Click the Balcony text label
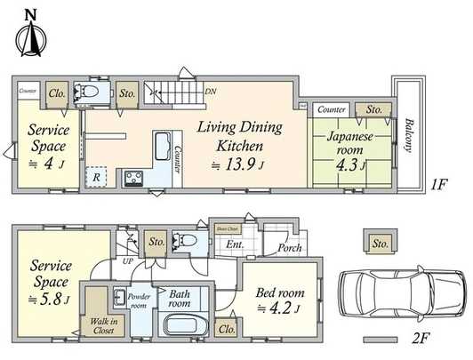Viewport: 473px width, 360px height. (411, 135)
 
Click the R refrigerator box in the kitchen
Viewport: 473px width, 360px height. (95, 177)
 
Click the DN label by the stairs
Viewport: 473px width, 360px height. (210, 92)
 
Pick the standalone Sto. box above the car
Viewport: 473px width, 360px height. (380, 242)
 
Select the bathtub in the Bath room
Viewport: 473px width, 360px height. (184, 326)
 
